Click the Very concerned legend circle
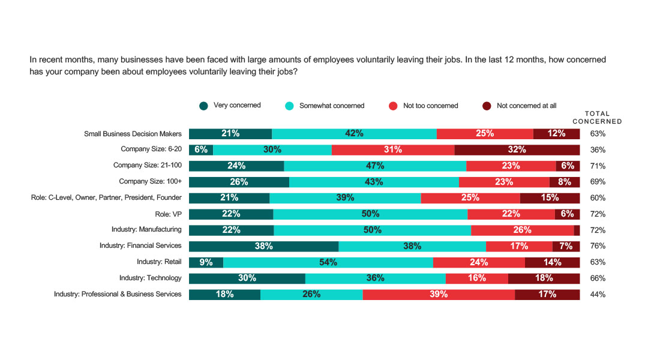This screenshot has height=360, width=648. (203, 106)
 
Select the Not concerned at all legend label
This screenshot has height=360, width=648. (526, 106)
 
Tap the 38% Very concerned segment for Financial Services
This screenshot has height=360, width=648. (263, 246)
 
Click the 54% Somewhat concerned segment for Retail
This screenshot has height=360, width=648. (328, 262)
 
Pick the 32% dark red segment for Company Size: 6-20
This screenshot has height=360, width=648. (517, 149)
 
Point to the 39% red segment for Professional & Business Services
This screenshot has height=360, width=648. (439, 294)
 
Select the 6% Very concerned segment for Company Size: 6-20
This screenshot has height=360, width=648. (201, 149)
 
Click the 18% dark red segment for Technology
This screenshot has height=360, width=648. (544, 278)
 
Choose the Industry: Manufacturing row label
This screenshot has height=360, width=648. (146, 229)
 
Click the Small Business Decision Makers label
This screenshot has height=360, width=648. (133, 134)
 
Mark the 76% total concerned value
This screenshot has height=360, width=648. (597, 246)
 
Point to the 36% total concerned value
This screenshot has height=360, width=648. (597, 150)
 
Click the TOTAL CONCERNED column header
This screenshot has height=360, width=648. (596, 117)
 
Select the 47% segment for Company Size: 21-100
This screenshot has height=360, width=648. (374, 166)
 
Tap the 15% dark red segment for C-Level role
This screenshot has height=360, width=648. (550, 197)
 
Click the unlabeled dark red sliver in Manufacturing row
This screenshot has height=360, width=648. (577, 230)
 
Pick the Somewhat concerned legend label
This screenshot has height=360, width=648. (332, 106)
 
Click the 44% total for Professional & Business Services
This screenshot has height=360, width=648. (597, 295)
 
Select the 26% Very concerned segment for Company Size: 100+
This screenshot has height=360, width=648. (239, 182)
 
